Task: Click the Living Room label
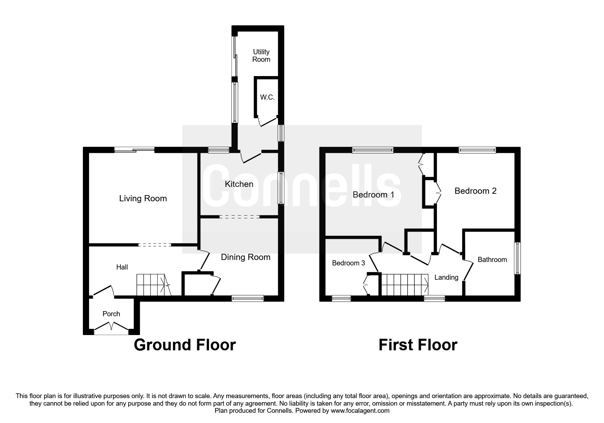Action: pos(143,199)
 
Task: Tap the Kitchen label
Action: pos(239,184)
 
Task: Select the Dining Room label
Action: pos(246,257)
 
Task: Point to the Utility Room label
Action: pos(261,56)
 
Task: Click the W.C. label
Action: pos(267,97)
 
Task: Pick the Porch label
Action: pos(111,314)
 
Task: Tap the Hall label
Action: pos(122,267)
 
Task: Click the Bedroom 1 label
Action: pos(373,195)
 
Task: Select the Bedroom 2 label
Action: pos(475,191)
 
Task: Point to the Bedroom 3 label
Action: pos(349,263)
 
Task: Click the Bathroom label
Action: pos(492,260)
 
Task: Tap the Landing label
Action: pos(446,277)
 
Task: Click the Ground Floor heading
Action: pos(185,345)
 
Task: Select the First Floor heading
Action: pos(418,345)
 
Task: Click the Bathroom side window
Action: pos(517,258)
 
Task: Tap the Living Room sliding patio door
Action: pos(134,149)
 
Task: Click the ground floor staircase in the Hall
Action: pos(153,285)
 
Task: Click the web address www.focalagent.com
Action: pos(360,411)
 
